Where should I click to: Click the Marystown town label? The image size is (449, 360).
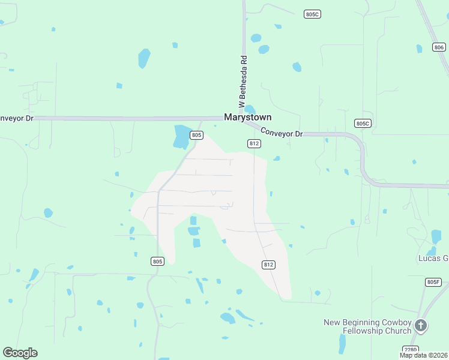[x=247, y=118]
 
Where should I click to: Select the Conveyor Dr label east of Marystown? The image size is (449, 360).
[x=282, y=133]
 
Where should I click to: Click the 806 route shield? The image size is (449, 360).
[x=438, y=47]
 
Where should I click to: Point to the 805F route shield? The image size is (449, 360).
[x=433, y=282]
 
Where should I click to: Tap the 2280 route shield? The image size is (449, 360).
[x=410, y=349]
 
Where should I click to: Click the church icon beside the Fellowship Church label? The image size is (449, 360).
[x=421, y=326]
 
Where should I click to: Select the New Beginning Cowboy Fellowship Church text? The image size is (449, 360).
[x=367, y=326]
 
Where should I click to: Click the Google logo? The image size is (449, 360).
[x=20, y=352]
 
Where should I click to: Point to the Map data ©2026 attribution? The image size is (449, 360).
[x=424, y=355]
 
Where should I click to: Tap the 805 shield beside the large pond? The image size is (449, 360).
[x=196, y=136]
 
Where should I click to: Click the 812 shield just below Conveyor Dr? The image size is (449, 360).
[x=254, y=143]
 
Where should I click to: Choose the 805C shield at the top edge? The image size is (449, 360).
[x=312, y=14]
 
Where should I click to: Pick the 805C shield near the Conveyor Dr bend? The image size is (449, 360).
[x=363, y=124]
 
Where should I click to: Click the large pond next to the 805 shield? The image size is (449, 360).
[x=181, y=137]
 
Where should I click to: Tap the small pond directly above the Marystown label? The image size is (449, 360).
[x=250, y=109]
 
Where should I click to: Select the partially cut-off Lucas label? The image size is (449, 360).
[x=433, y=258]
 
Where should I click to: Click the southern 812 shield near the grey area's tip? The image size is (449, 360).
[x=268, y=265]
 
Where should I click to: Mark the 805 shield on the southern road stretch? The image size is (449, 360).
[x=157, y=261]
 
